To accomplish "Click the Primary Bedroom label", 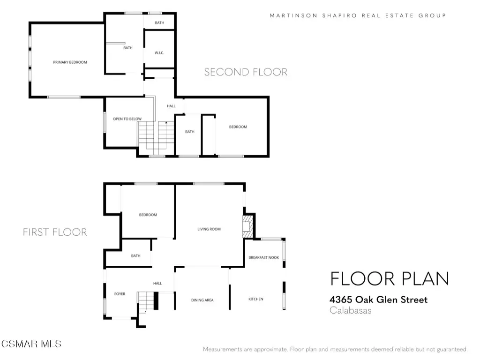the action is [70, 62].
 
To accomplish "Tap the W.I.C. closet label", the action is [159, 53].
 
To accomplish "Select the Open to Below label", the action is [127, 119].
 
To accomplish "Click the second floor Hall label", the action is [171, 106].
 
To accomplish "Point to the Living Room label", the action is [209, 229].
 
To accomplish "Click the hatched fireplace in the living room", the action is [248, 226].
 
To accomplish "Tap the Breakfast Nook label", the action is [263, 257].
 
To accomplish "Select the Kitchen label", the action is [256, 299].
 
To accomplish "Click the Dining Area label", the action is [202, 300].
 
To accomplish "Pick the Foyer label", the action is [120, 294].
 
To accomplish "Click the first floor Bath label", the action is [135, 255].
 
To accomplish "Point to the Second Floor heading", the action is [246, 72].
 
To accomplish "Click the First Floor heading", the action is [55, 232].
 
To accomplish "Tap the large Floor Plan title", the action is [390, 278].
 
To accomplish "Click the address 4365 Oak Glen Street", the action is [378, 300].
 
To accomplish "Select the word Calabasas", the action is [351, 310].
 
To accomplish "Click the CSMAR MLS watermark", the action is [31, 344].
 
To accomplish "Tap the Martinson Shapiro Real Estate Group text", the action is [358, 15].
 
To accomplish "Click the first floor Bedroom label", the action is [148, 215].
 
